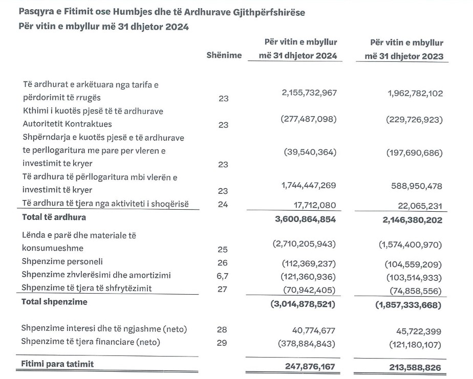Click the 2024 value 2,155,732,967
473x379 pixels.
[309, 93]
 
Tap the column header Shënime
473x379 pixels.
[224, 55]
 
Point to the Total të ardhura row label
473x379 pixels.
[54, 217]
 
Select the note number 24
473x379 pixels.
[223, 205]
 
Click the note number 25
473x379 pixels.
[223, 249]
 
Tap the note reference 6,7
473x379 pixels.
[223, 275]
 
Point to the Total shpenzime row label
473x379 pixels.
[54, 302]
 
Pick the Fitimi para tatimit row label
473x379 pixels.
[58, 364]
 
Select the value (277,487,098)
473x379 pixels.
[308, 119]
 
